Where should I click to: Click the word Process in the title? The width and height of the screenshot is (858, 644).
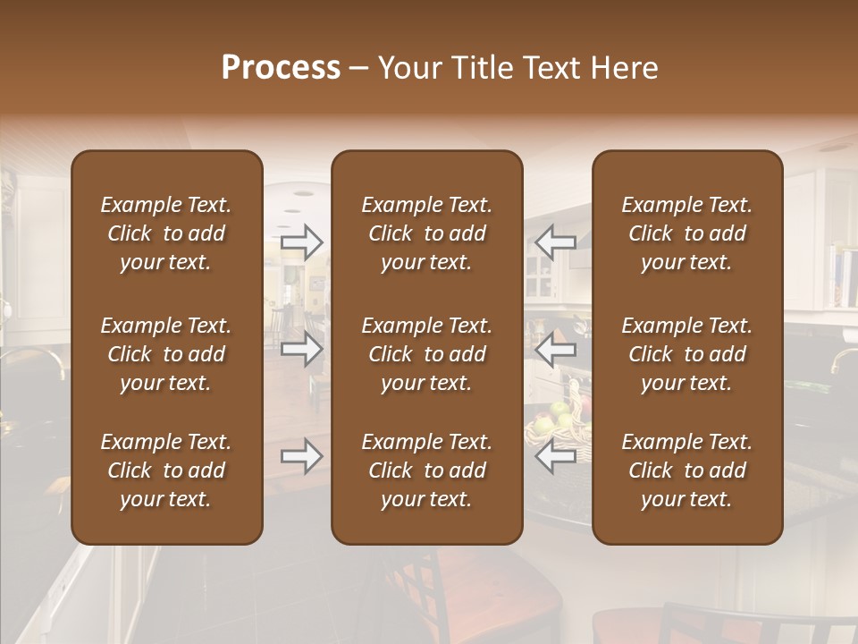coord(281,68)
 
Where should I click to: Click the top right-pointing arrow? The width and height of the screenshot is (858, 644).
coord(302,242)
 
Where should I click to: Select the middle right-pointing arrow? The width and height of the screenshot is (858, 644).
coord(302,349)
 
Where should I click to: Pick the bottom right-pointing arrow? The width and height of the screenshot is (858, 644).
coord(302,456)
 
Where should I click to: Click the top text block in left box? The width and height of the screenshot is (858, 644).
coord(166,233)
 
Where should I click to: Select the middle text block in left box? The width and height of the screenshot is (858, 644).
coord(166,354)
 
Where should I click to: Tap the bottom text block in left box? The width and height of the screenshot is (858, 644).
coord(166,470)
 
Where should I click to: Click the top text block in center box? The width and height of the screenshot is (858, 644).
coord(427,233)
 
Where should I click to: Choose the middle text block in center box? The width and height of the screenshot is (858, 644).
coord(427,354)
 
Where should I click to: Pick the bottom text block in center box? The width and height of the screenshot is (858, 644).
coord(427,470)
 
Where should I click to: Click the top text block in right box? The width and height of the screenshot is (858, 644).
coord(687,233)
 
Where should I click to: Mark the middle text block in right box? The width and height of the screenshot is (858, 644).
coord(687,354)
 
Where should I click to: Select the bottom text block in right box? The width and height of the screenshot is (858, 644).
coord(687,470)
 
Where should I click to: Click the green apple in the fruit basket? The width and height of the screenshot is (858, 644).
coord(560,411)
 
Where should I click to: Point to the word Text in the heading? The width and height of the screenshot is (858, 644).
coord(548,68)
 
